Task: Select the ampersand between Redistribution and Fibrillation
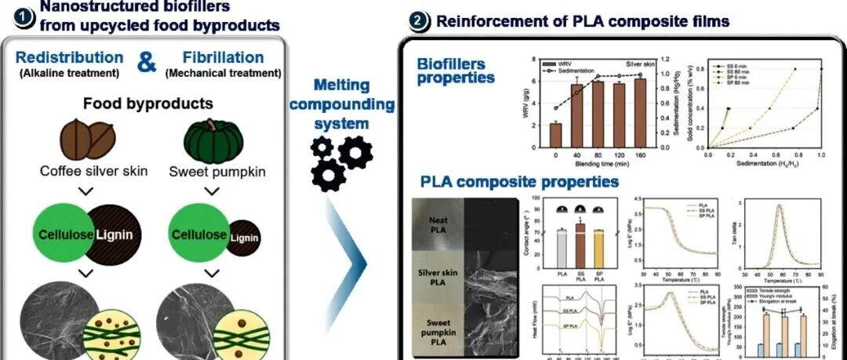click(147, 63)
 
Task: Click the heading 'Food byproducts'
click(147, 103)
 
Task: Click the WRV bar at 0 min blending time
click(555, 135)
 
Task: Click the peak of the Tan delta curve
click(780, 205)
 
